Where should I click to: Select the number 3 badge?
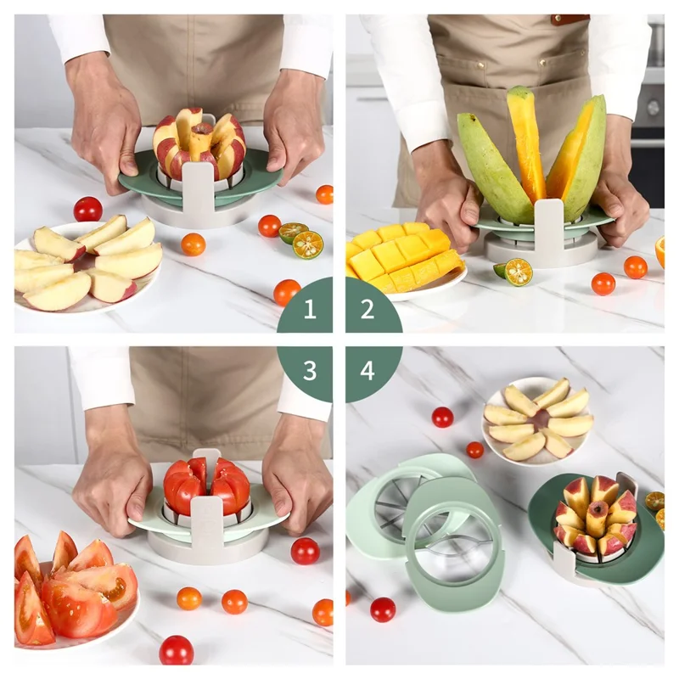point(309,370)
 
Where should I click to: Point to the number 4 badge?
point(368,370)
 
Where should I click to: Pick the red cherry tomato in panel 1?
point(87,209)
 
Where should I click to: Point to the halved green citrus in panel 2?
point(516,272)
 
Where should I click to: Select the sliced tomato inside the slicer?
point(206,485)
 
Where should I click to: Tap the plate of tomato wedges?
point(72,586)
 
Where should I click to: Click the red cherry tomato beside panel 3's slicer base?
point(304,551)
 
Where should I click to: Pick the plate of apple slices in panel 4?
point(537,421)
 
